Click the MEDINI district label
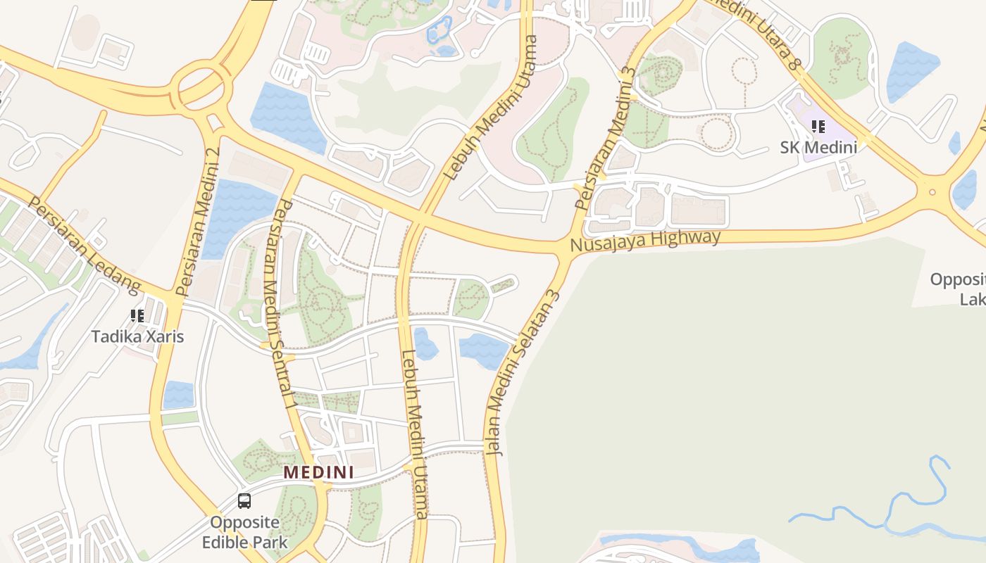[x=318, y=472]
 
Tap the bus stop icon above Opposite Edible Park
[x=244, y=501]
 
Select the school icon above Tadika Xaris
[x=137, y=316]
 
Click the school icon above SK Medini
[x=818, y=127]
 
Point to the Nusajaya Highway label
[x=645, y=241]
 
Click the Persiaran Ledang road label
[x=85, y=245]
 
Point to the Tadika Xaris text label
[x=137, y=336]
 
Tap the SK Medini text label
[x=818, y=148]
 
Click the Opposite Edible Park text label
[x=244, y=533]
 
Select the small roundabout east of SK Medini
[x=932, y=191]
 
